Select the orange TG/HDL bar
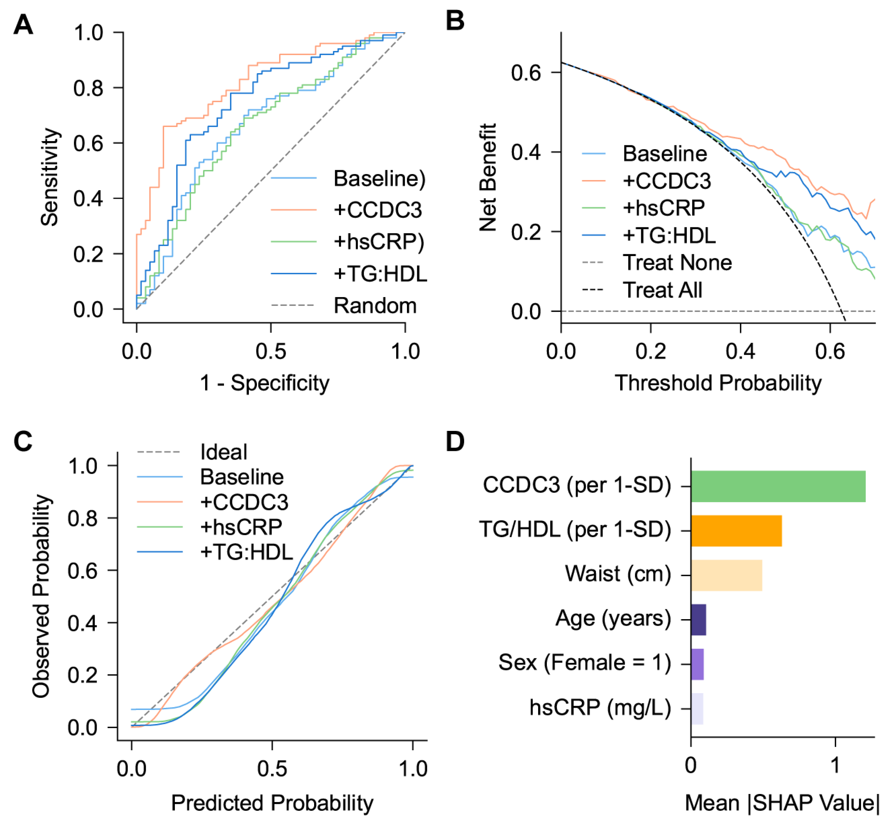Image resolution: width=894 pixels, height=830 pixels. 736,531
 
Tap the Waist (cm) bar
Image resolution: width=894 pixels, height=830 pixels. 726,575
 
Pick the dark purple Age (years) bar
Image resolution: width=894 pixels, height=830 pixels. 698,620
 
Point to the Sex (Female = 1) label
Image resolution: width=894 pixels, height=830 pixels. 584,663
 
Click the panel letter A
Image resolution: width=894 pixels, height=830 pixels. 23,24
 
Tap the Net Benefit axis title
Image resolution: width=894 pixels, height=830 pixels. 488,177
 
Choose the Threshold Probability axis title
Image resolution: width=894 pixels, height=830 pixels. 718,383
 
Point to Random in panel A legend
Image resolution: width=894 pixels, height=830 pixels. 375,306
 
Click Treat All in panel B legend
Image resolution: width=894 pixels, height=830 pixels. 662,290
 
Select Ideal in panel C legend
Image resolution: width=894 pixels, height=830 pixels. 223,452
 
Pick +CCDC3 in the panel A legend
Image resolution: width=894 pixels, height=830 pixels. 377,210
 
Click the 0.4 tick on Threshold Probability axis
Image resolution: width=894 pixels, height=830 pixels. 740,351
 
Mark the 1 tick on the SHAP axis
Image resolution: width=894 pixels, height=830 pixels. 835,766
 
